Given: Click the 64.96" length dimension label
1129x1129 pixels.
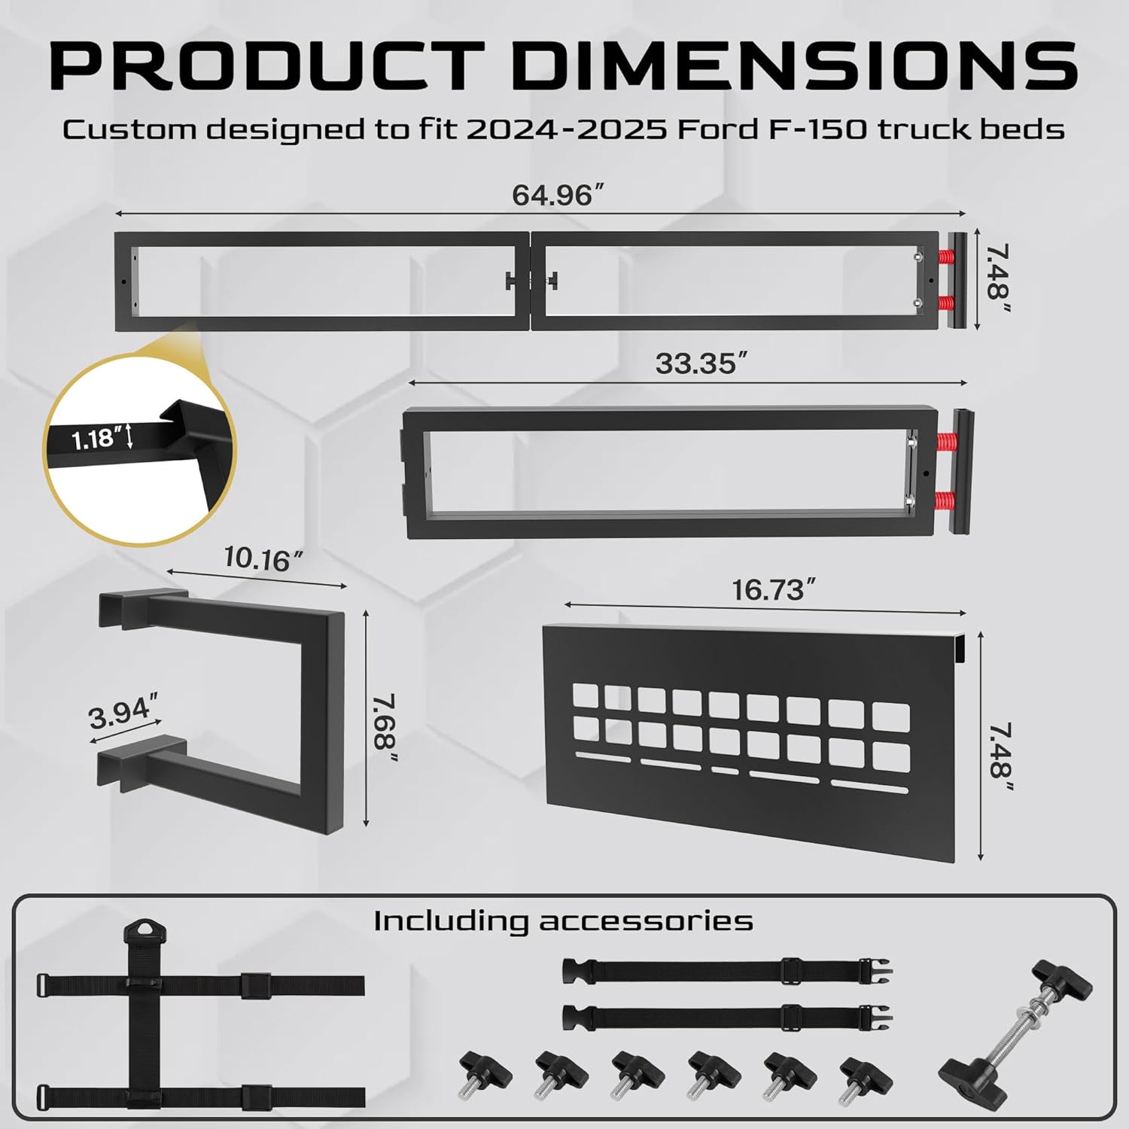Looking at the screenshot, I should (x=558, y=196).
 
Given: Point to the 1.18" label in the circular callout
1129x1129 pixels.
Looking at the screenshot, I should (x=97, y=438).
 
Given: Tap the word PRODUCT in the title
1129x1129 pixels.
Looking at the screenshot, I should (x=267, y=66).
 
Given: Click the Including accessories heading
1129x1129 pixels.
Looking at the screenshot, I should (x=563, y=921).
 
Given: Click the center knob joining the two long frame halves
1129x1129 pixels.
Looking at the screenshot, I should (x=532, y=281).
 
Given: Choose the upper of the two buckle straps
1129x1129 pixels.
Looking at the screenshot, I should (x=727, y=970).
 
